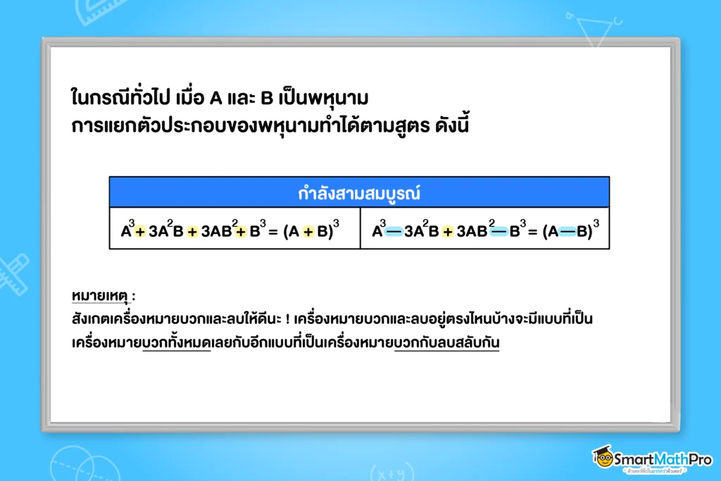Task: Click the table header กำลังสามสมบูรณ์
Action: coord(359,193)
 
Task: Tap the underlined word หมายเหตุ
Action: coord(100,296)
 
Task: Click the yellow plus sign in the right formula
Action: coord(447,231)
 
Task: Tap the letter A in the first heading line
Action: coord(215,98)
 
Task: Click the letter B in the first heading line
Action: coord(267,98)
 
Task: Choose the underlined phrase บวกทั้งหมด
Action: coord(177,342)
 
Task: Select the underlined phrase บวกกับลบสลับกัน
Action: coord(447,342)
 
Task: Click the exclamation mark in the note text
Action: coord(287,319)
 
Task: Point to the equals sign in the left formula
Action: coord(273,231)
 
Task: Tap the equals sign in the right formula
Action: coord(533,231)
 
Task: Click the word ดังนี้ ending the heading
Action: coord(452,125)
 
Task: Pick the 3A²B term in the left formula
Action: coord(166,230)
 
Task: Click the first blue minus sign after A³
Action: coord(394,231)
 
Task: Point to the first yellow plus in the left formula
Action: coord(140,231)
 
